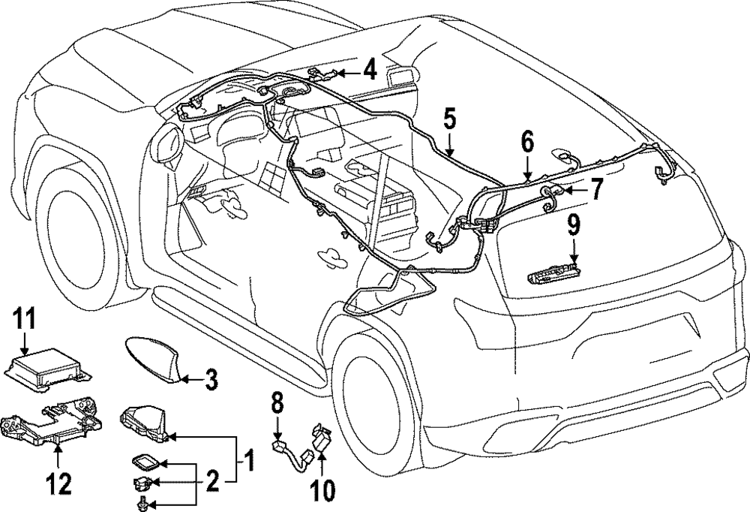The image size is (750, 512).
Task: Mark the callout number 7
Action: point(595,189)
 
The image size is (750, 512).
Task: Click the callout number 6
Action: point(527,140)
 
